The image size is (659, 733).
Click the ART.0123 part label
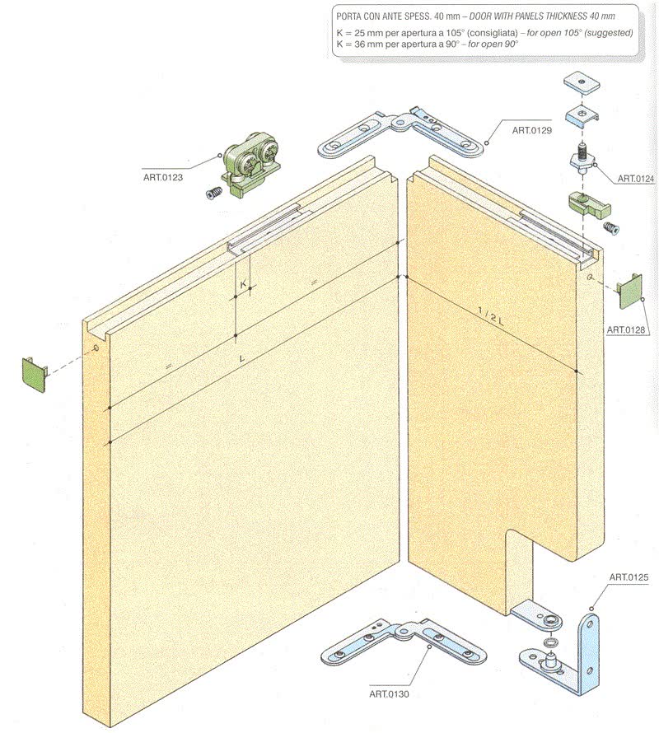coord(163,178)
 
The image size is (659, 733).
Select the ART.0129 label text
coord(532,130)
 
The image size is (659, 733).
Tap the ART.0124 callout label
coord(636,179)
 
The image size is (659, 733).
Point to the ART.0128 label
coord(626,329)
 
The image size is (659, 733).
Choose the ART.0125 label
coord(629,577)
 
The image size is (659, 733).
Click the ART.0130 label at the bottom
coord(389,694)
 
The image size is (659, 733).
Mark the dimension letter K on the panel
coord(243,284)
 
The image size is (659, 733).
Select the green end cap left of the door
coord(35,375)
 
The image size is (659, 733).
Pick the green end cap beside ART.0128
coord(629,292)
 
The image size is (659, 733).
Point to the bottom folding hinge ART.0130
coord(403,642)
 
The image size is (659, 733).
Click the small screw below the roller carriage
coord(213,193)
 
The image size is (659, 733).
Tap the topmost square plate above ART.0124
coord(581,83)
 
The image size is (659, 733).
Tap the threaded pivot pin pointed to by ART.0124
coord(582,158)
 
